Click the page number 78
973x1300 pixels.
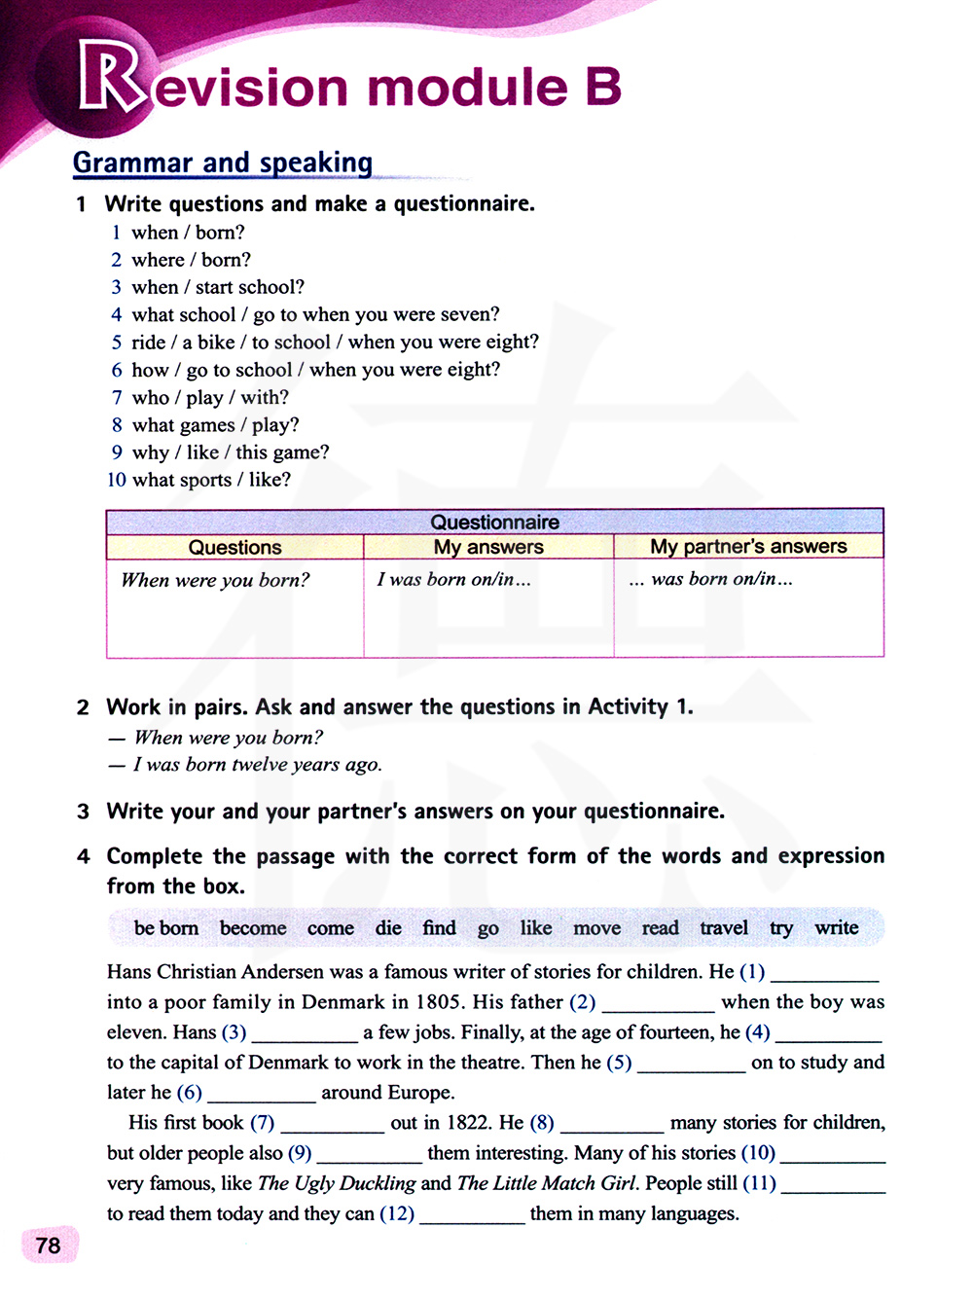tap(48, 1246)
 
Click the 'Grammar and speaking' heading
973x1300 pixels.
tap(223, 162)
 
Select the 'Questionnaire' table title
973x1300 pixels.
tap(494, 522)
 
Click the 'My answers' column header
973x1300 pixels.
tap(488, 547)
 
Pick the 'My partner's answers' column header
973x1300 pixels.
tap(748, 547)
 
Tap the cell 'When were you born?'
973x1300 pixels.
tap(215, 580)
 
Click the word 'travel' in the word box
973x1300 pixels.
tap(724, 928)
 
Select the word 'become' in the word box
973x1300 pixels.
tap(253, 928)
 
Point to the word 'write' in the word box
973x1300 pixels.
tap(837, 928)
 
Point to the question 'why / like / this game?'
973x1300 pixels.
tap(231, 452)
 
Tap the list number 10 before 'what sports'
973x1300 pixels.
tap(117, 480)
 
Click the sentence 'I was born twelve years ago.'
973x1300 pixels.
tap(258, 765)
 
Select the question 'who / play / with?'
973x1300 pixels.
tap(210, 397)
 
